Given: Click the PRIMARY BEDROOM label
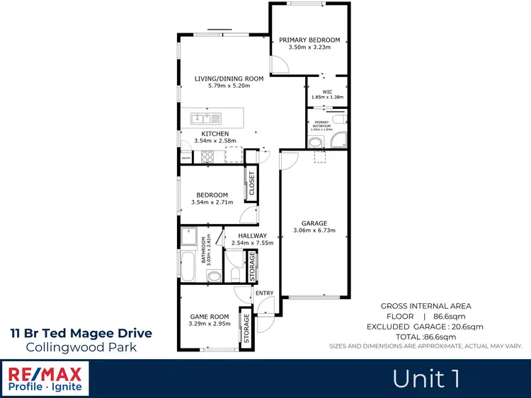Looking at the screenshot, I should [x=309, y=40].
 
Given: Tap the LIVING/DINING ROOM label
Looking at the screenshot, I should [x=229, y=78].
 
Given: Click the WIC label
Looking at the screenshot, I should [x=327, y=91].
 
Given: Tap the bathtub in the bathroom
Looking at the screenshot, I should [x=189, y=267].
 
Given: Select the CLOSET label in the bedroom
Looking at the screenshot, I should [x=251, y=184].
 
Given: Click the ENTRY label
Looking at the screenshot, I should [x=264, y=293].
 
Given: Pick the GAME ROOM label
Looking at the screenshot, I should [x=210, y=316].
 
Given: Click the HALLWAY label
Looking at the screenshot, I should [x=252, y=235].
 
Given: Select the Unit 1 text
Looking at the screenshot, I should [x=427, y=379].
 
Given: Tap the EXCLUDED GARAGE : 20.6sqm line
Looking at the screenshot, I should [x=425, y=327].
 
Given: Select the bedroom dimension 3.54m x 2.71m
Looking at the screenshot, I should [x=212, y=203].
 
